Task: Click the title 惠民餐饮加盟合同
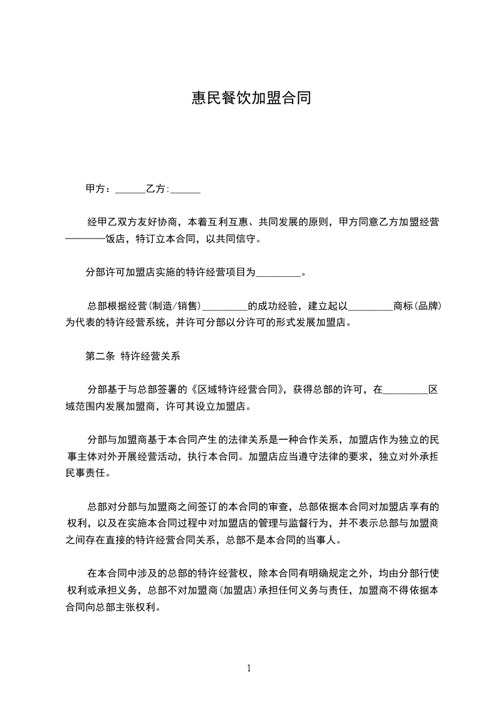251,99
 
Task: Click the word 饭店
115,239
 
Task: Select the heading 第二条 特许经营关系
133,356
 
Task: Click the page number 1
249,668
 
